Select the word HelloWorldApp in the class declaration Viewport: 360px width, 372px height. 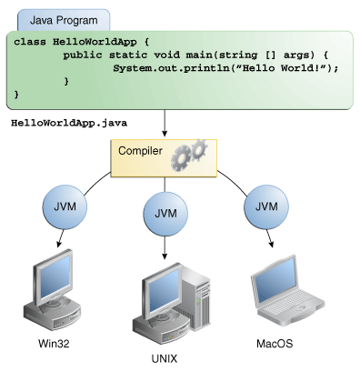90,43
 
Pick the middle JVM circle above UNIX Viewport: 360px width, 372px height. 165,213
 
